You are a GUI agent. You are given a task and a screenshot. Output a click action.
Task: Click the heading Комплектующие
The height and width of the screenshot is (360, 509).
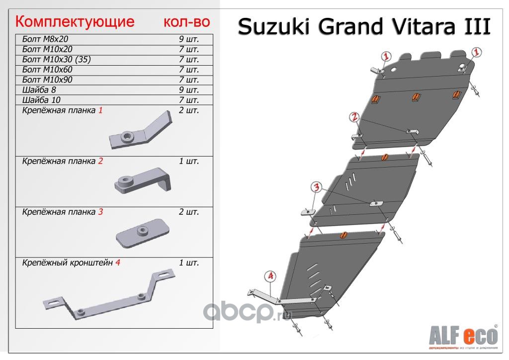[75, 22]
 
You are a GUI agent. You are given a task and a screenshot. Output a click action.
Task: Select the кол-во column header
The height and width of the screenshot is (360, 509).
[186, 22]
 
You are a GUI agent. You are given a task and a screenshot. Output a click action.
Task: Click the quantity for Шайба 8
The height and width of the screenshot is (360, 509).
[189, 90]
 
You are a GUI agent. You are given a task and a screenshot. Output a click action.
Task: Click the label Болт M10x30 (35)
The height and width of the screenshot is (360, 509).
[57, 60]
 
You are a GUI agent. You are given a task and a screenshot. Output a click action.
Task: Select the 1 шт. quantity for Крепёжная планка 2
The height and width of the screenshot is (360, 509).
[189, 161]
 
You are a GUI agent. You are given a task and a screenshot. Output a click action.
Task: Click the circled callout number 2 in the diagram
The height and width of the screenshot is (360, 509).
[354, 117]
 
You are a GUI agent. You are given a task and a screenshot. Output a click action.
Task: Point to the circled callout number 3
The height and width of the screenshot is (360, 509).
[317, 187]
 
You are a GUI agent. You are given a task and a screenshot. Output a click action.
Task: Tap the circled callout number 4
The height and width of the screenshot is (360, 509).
[270, 275]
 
